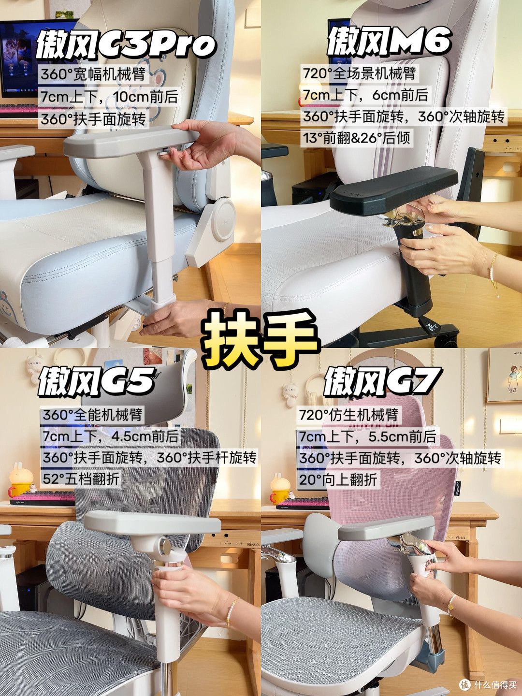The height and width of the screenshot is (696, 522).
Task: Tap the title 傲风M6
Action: point(389,41)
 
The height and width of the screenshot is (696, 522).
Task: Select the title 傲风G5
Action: point(96,382)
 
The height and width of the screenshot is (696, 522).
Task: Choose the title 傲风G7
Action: point(382,381)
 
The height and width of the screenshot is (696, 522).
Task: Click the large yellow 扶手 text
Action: point(261,339)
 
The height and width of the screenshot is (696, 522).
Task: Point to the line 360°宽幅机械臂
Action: point(93,74)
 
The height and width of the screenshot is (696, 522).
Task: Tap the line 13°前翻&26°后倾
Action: point(357,138)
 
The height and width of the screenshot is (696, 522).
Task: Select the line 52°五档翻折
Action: point(81,479)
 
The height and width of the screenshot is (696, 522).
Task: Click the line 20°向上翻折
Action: point(338,480)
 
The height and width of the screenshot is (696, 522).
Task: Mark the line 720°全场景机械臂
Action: point(359,73)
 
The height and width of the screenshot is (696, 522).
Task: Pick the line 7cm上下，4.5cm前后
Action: point(111,436)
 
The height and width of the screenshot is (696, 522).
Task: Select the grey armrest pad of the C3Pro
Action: point(131,141)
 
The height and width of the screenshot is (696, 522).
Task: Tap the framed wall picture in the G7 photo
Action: point(505,375)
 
